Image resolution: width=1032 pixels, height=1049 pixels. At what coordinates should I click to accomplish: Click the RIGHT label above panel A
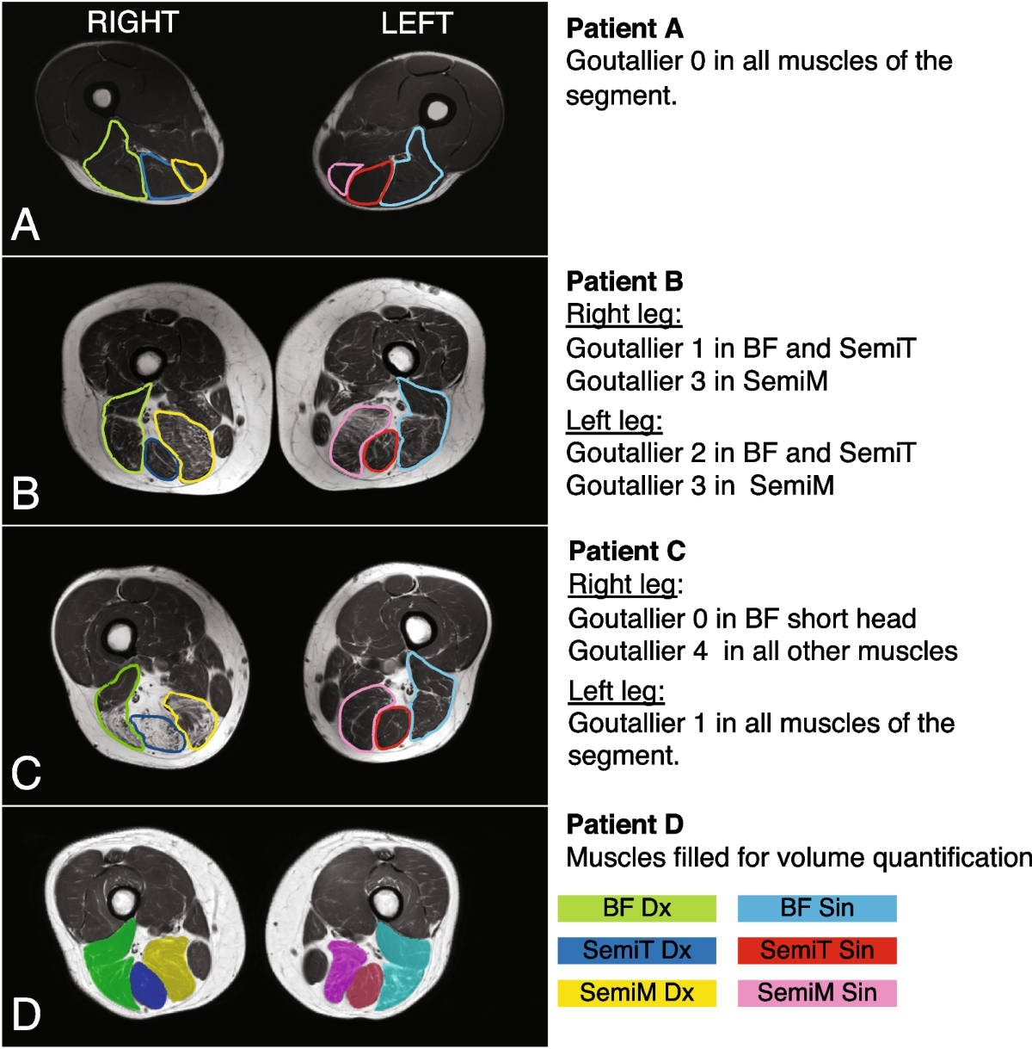(x=132, y=22)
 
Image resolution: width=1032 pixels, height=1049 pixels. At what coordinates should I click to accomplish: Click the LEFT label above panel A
(x=416, y=22)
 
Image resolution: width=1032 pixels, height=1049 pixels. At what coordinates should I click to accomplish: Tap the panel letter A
(x=26, y=225)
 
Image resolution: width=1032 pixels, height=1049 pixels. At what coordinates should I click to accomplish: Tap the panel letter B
(x=26, y=493)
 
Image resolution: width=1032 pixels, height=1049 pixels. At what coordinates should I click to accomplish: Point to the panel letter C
(x=26, y=772)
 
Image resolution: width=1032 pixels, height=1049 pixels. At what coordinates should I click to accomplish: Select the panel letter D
(x=26, y=1014)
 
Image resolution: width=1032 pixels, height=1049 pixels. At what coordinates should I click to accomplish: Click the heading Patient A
(x=624, y=28)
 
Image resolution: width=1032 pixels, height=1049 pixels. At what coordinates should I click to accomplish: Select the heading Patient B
(x=624, y=281)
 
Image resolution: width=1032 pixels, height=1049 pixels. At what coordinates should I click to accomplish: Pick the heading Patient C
(x=627, y=551)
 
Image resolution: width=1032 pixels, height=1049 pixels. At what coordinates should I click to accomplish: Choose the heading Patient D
(x=624, y=824)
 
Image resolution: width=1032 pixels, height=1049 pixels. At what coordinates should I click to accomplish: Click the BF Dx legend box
(x=636, y=908)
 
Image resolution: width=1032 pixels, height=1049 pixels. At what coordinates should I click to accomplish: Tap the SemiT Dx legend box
(x=636, y=950)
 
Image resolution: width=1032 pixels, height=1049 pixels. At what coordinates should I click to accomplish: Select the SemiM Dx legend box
(x=636, y=992)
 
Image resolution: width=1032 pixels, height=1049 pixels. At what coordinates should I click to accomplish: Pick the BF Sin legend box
(x=817, y=908)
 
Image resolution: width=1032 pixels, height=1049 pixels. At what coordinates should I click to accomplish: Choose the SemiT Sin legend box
(x=817, y=950)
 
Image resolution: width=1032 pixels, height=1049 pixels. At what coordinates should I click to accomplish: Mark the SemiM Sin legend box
(x=817, y=992)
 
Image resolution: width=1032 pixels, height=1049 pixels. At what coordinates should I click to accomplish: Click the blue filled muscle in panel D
(x=147, y=986)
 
